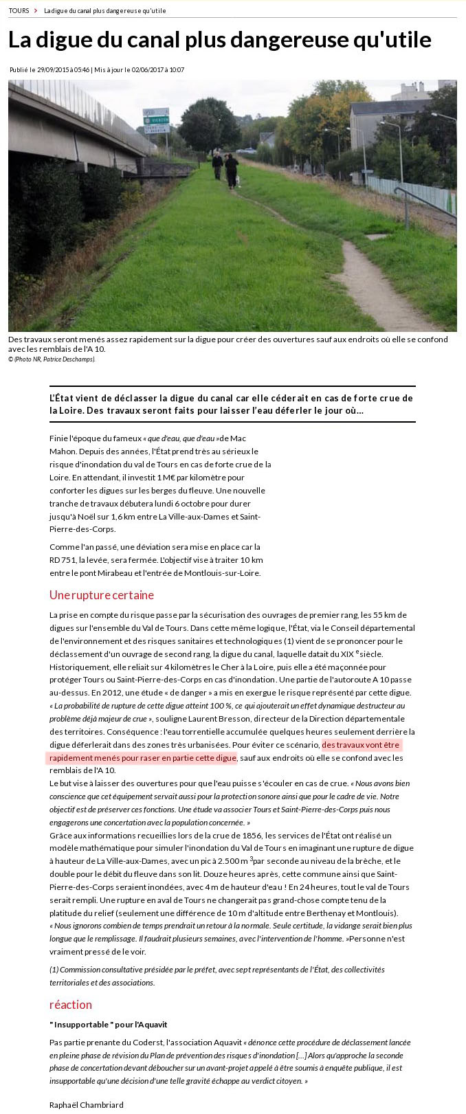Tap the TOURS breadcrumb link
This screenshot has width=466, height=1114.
click(x=19, y=10)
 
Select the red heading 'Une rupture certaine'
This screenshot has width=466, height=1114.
click(x=102, y=594)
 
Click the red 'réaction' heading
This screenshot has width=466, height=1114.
click(x=70, y=1004)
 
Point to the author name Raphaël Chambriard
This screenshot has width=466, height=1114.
click(x=86, y=1104)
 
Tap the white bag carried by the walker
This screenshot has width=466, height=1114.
click(x=238, y=180)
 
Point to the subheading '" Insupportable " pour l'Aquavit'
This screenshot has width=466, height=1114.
click(x=108, y=1024)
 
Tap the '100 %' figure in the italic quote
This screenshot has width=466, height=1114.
click(x=228, y=705)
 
